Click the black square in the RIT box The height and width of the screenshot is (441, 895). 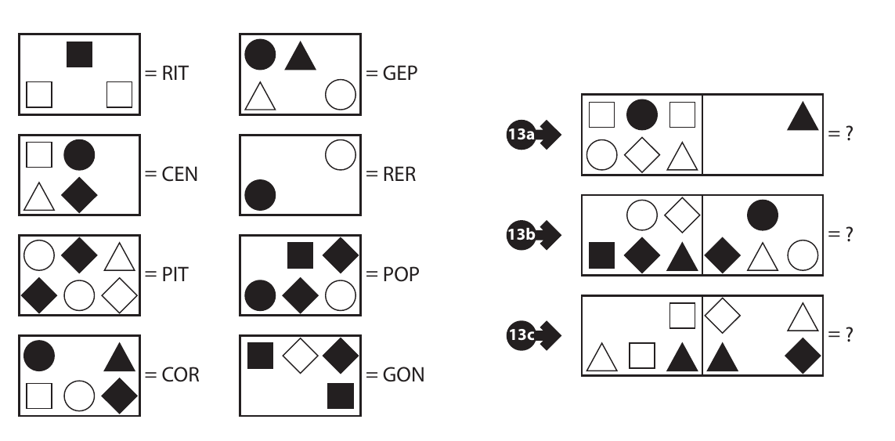[x=79, y=54]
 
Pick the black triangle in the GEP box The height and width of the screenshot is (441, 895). [x=299, y=56]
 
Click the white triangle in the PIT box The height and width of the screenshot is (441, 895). [x=120, y=256]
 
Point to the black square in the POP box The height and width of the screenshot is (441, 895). [x=300, y=255]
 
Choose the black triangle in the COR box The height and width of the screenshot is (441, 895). [x=120, y=357]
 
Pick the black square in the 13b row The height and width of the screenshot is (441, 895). [x=601, y=255]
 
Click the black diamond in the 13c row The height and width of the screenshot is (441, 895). [x=802, y=356]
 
